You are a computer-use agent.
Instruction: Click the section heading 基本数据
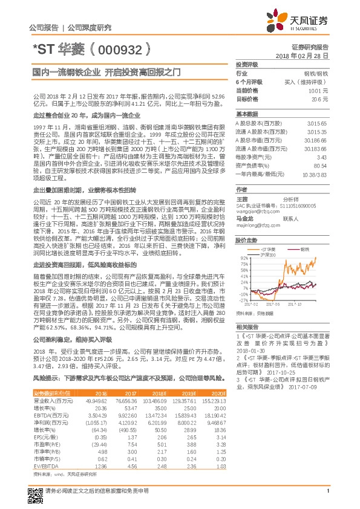click(247, 114)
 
